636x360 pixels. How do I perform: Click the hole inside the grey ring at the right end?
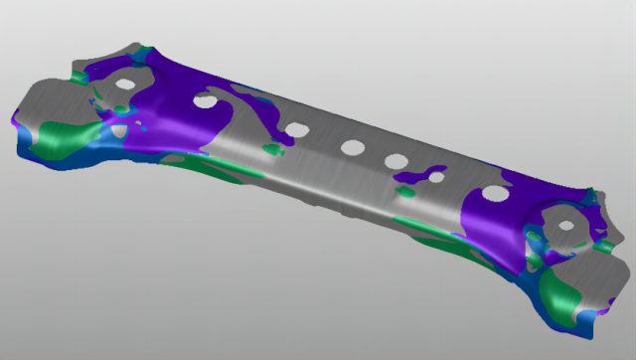tap(565, 225)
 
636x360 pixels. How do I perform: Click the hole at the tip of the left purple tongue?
tap(295, 129)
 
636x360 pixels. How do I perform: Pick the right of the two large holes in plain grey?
tap(397, 160)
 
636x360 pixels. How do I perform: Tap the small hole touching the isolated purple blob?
tap(435, 177)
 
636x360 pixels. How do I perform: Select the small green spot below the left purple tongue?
tap(269, 150)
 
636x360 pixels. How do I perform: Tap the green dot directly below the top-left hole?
tap(121, 107)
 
